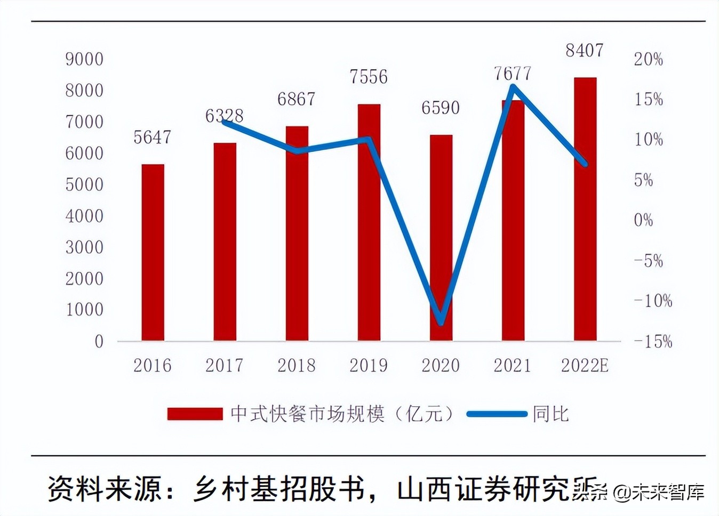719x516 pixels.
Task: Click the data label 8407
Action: [585, 51]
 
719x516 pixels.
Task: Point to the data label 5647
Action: [152, 138]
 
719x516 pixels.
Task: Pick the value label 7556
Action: [369, 77]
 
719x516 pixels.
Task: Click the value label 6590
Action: [441, 108]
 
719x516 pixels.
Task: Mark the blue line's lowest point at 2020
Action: [441, 322]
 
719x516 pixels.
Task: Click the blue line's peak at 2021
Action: [513, 86]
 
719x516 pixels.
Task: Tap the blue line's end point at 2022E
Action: [585, 164]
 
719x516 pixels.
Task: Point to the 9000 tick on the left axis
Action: [84, 59]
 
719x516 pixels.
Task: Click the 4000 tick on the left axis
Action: [84, 216]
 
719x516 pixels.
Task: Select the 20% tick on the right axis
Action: [648, 59]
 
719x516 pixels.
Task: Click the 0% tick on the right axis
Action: [643, 220]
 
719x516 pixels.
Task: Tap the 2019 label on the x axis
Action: [369, 366]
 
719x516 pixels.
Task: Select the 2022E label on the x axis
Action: [585, 366]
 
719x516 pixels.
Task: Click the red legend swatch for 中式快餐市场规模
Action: [195, 414]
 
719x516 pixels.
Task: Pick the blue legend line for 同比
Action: [497, 414]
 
